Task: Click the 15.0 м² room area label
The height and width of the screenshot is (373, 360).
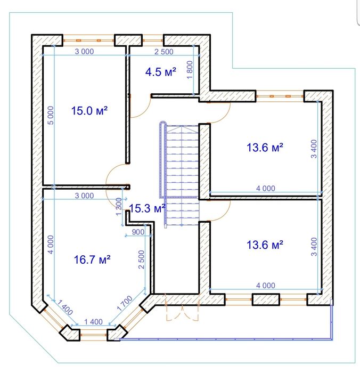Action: (89, 111)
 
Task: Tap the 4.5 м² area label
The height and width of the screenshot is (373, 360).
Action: (161, 72)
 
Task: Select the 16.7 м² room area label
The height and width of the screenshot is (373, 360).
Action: (92, 260)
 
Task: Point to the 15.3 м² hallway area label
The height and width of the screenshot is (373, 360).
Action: (147, 208)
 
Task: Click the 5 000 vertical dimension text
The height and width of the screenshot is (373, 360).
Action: (51, 116)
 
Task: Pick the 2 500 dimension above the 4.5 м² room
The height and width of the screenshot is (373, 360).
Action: (164, 52)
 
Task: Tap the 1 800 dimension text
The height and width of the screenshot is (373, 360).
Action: (190, 70)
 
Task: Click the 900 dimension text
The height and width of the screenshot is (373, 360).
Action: (138, 232)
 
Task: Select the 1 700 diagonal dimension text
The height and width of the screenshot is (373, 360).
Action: (125, 303)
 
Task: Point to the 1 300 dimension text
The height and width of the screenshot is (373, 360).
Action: (119, 207)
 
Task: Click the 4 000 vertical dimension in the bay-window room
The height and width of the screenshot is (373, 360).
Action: (51, 245)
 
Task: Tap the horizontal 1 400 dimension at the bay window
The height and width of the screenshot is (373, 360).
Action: (93, 322)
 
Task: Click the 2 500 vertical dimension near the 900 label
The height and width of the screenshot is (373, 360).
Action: (141, 260)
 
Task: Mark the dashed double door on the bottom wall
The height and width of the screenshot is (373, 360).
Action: (182, 307)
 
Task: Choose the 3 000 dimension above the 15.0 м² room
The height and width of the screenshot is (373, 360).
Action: (85, 51)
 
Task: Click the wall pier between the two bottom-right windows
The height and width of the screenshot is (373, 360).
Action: (266, 299)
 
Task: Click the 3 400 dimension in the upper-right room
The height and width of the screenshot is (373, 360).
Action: (314, 149)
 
